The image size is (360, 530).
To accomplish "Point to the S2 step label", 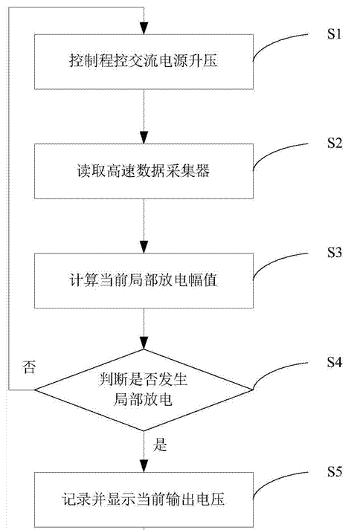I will (334, 143).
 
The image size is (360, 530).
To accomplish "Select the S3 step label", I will (334, 253).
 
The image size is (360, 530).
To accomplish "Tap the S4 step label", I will (334, 362).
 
